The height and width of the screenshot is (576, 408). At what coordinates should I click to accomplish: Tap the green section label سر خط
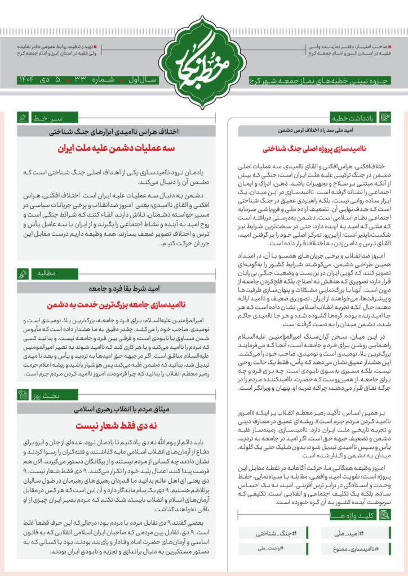point(46,119)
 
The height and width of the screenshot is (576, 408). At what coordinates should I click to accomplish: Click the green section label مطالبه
point(45,274)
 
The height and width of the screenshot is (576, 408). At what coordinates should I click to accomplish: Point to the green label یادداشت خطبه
point(352,118)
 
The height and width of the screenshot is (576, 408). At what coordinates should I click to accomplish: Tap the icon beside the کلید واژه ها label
point(385,514)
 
